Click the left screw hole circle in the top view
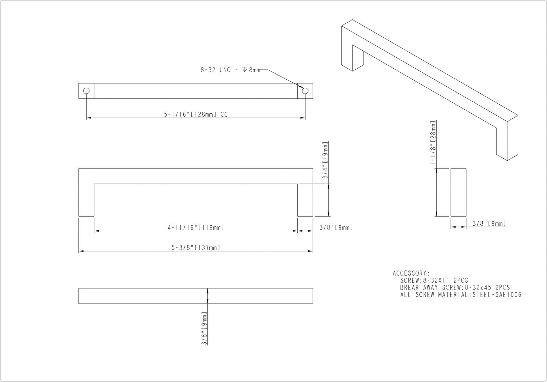tap(86, 91)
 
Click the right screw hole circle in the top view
tap(305, 91)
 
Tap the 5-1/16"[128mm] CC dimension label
tap(196, 114)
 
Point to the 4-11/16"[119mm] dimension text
tap(196, 227)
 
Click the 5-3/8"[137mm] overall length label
tap(196, 248)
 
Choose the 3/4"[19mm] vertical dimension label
tap(325, 160)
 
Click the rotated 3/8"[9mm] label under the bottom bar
tap(205, 328)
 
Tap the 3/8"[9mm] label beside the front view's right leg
tap(336, 227)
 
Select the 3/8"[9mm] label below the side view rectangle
tap(489, 224)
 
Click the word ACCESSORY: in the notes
tap(411, 273)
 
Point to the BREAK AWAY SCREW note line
tap(455, 287)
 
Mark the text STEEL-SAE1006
tap(497, 295)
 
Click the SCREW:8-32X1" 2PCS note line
tap(434, 280)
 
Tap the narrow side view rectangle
tap(458, 192)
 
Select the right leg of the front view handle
tap(305, 200)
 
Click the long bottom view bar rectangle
tap(196, 296)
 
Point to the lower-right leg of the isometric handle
tap(507, 143)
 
